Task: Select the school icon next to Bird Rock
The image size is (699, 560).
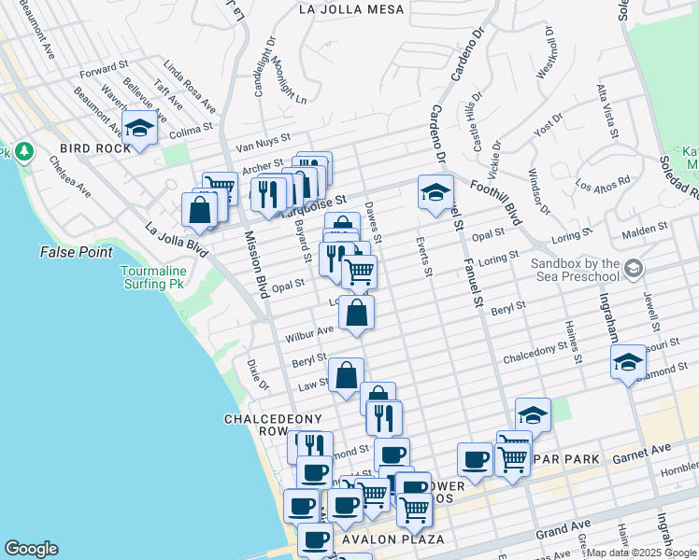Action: [x=139, y=129]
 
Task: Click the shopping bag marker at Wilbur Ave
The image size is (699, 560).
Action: [x=356, y=314]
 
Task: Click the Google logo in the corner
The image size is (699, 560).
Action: [x=31, y=548]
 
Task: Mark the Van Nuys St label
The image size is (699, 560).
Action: [x=264, y=143]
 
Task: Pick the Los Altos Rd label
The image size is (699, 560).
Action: [x=604, y=183]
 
